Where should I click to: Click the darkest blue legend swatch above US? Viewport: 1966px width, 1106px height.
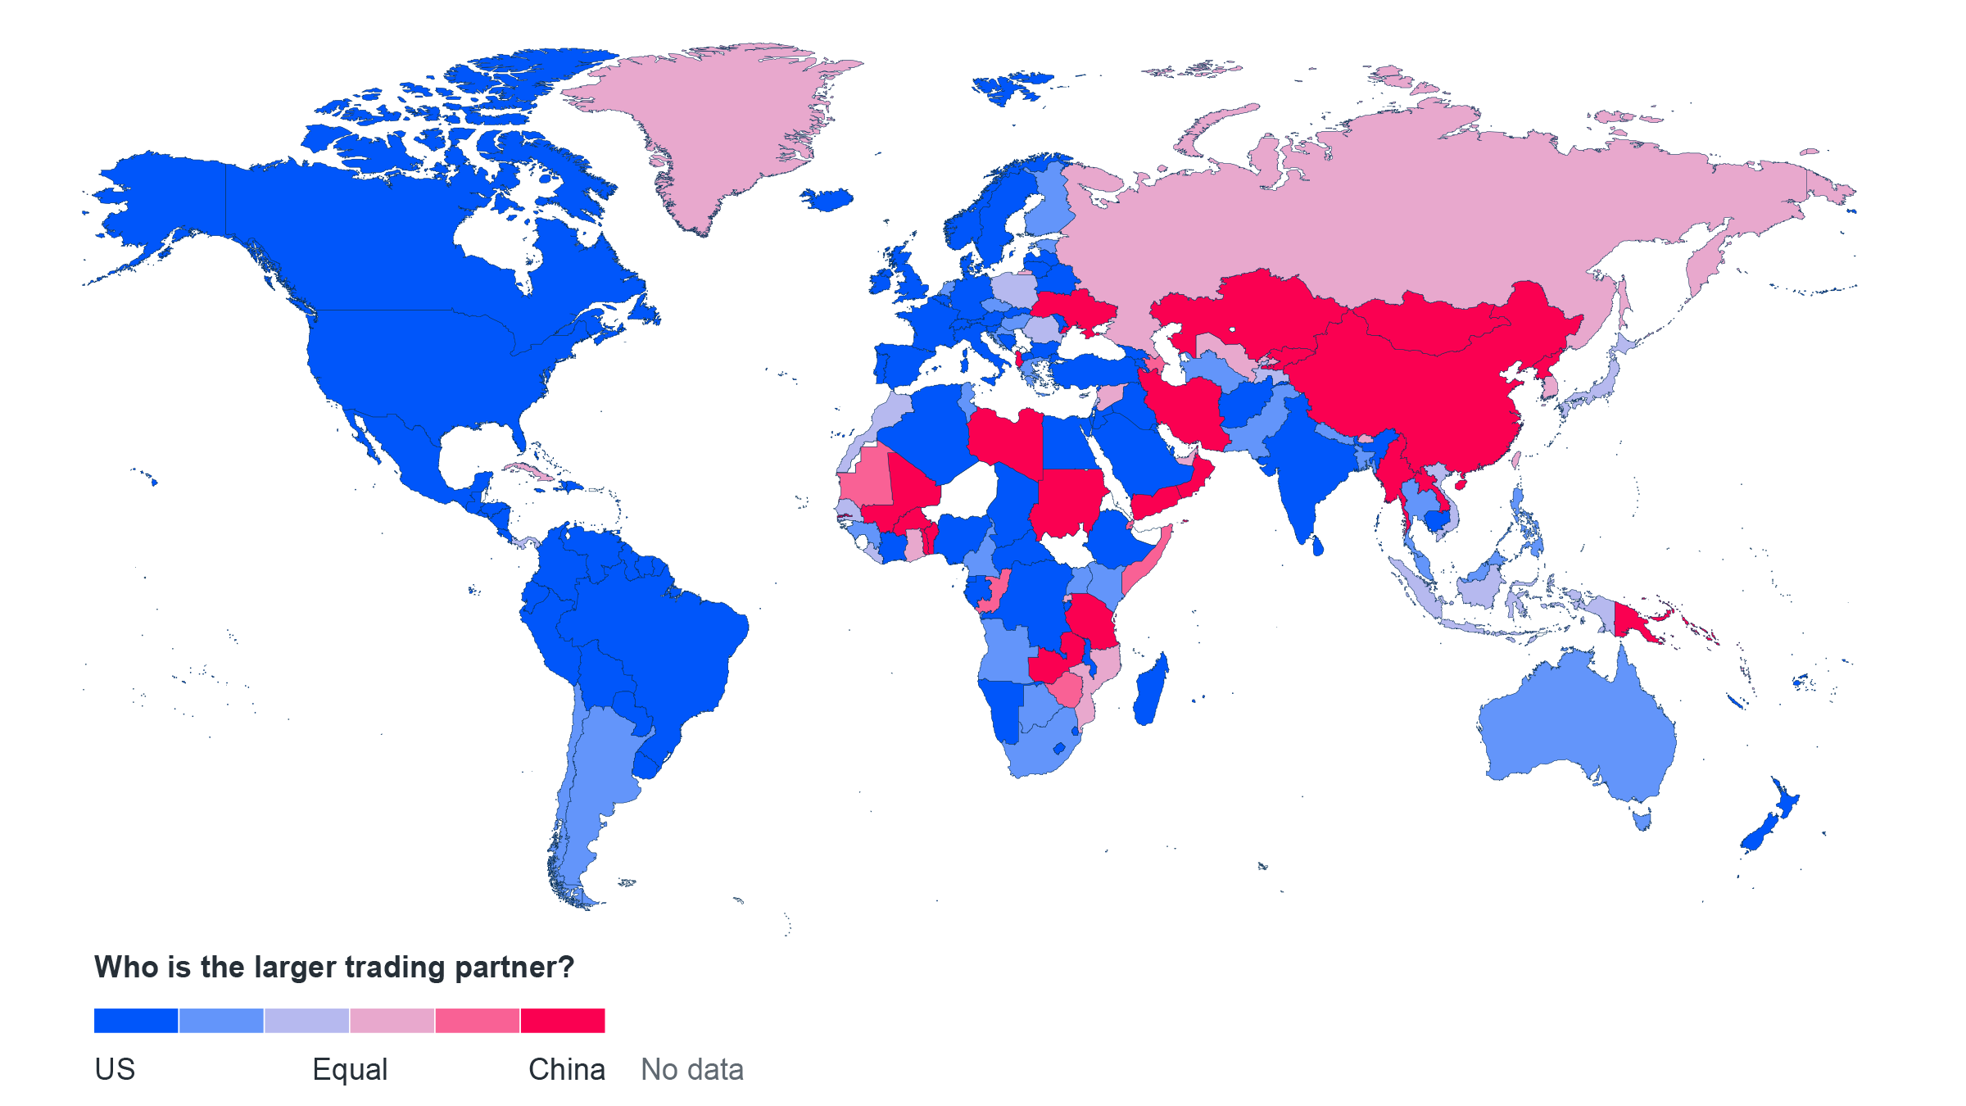point(136,1020)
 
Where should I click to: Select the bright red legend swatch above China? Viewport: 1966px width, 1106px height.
point(563,1020)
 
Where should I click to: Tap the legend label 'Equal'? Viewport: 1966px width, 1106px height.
point(350,1069)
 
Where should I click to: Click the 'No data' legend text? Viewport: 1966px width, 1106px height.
point(692,1069)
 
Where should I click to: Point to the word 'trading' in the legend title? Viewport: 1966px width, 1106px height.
point(394,968)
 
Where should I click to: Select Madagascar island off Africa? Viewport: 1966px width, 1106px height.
point(1151,692)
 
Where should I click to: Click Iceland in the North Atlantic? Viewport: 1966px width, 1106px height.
point(827,199)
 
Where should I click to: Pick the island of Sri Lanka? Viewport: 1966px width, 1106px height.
point(1317,546)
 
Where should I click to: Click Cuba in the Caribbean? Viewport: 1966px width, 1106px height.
point(528,471)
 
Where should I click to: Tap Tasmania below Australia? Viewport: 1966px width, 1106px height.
point(1642,818)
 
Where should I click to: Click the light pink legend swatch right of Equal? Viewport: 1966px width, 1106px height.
point(392,1020)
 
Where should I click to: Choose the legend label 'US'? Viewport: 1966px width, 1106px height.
point(115,1069)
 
